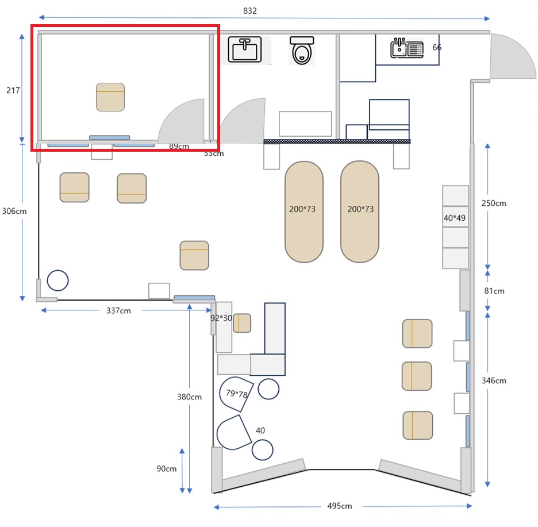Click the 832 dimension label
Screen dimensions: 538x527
point(250,11)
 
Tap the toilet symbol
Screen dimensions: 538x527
point(302,51)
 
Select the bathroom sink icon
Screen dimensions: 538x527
point(245,50)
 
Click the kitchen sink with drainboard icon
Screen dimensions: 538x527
point(407,48)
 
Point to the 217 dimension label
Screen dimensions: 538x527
point(13,90)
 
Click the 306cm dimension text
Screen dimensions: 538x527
point(14,211)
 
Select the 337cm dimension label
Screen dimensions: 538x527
point(118,310)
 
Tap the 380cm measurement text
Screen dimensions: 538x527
point(190,397)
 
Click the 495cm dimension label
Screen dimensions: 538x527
point(339,506)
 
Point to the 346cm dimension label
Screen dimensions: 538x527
point(494,380)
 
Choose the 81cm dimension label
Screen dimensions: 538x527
point(494,291)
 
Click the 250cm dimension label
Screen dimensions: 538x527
point(494,203)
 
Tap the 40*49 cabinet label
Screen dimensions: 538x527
point(454,218)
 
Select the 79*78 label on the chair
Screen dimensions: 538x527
point(237,394)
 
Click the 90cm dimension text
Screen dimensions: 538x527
point(167,469)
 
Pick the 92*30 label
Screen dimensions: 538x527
point(221,318)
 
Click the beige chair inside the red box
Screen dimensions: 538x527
point(110,97)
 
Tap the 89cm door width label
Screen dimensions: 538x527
point(179,146)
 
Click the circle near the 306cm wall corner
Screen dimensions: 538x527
point(57,280)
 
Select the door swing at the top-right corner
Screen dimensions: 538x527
point(513,57)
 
